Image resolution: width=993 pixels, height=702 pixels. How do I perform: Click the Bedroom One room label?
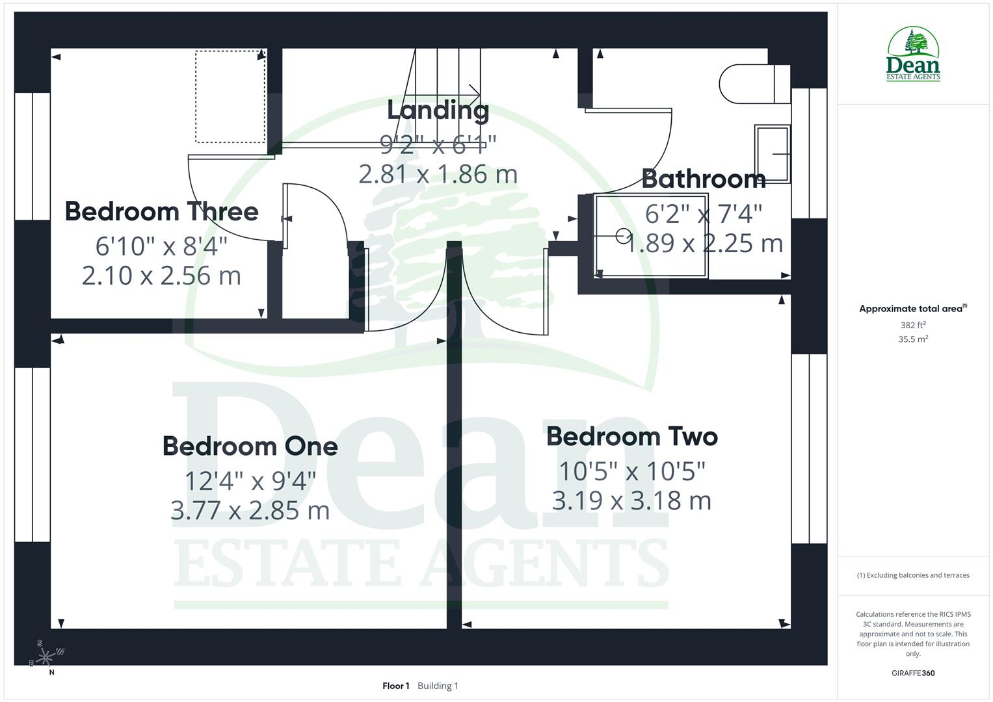[250, 447]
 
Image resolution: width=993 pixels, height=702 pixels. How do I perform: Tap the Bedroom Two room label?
[631, 437]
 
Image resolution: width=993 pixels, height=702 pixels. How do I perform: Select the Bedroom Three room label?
[161, 212]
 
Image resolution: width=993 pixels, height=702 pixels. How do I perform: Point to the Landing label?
[438, 110]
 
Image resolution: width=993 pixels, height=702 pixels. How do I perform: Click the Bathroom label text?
[704, 179]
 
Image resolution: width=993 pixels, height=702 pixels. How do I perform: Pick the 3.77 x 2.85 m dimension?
[250, 511]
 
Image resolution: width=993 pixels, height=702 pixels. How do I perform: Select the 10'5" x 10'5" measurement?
[631, 471]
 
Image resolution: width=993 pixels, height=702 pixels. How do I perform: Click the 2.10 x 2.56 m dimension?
[161, 276]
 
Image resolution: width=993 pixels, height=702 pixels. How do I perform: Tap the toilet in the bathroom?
[754, 84]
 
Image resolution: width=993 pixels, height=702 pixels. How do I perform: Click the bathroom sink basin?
[773, 154]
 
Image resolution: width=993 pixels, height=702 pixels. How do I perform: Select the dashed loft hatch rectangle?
[230, 97]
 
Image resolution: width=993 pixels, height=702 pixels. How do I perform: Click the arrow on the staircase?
[473, 92]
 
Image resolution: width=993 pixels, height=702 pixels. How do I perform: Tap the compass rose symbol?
[46, 658]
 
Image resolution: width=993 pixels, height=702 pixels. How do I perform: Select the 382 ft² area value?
[913, 325]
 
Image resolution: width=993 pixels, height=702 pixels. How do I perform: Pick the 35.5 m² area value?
[913, 339]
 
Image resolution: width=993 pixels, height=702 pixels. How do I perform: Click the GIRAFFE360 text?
[913, 673]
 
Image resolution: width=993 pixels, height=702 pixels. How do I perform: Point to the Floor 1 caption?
[395, 686]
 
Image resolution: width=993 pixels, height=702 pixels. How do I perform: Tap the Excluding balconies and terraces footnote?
[913, 575]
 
